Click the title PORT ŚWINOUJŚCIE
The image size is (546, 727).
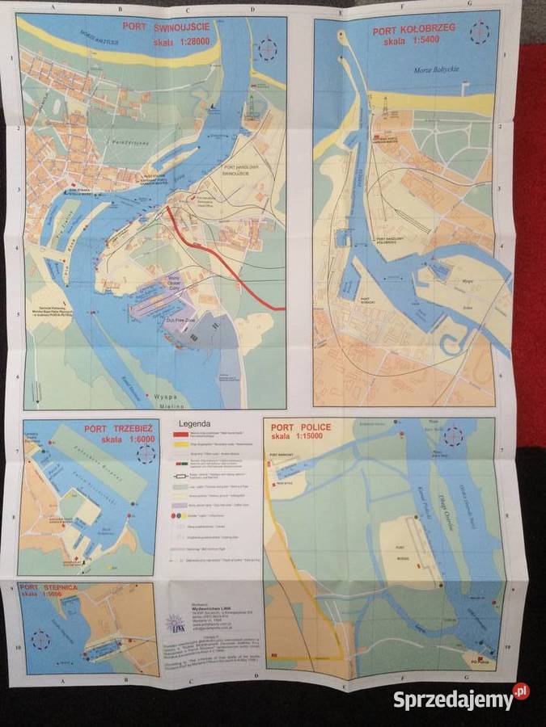coord(167,27)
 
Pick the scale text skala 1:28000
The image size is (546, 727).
coord(173,39)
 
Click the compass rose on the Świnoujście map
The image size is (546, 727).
coord(267,49)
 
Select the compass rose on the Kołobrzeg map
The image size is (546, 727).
coord(480,35)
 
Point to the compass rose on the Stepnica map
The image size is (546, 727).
coord(40,641)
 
